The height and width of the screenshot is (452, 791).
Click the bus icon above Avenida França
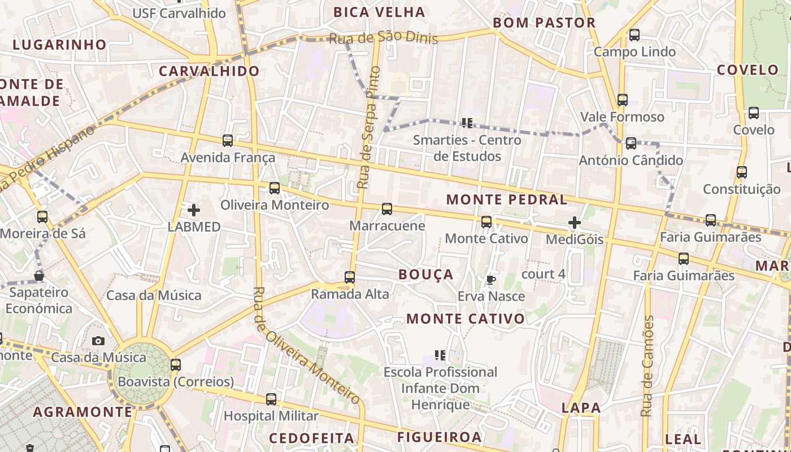click(x=228, y=141)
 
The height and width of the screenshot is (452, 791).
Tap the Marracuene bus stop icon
click(x=387, y=209)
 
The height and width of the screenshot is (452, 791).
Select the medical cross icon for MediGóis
click(x=575, y=223)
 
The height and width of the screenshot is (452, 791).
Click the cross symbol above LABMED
click(x=194, y=210)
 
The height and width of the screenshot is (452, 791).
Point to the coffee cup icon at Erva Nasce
click(x=490, y=280)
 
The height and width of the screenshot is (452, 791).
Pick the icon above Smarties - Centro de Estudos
click(x=467, y=123)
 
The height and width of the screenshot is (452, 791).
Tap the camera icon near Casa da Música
click(x=98, y=341)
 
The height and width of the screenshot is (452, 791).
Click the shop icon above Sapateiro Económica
click(x=39, y=276)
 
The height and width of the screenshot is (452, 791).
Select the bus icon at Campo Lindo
click(x=634, y=35)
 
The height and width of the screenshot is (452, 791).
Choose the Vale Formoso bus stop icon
click(x=623, y=100)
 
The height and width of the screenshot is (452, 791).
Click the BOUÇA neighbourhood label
click(x=426, y=275)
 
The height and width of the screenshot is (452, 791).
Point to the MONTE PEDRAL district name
click(x=506, y=199)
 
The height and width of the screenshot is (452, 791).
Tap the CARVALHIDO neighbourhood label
click(x=209, y=71)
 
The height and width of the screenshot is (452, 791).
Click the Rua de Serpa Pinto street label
click(x=368, y=127)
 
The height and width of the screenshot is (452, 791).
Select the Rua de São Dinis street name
click(x=383, y=37)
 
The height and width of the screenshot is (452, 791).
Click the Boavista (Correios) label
click(x=176, y=382)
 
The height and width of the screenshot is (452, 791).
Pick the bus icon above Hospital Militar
click(x=271, y=399)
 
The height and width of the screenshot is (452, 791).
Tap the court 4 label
click(x=543, y=274)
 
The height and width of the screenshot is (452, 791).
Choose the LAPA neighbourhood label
click(x=581, y=408)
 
